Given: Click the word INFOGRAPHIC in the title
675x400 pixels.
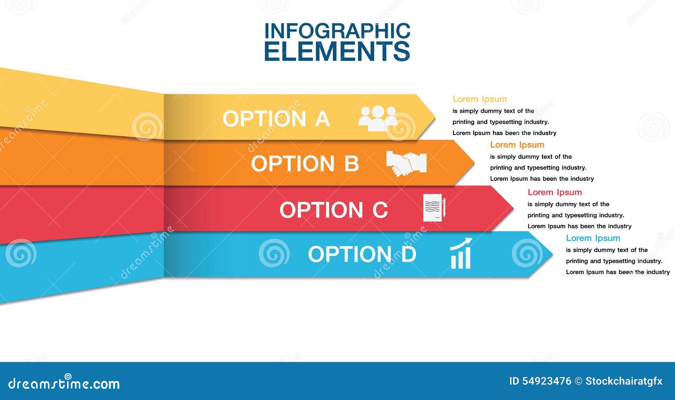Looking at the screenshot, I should [x=337, y=31].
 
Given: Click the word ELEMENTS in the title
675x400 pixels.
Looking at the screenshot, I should [x=337, y=51].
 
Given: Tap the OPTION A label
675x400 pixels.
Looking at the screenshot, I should [x=276, y=119].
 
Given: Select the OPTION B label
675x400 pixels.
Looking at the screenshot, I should [x=305, y=164].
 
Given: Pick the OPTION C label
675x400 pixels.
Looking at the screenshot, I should [x=333, y=210].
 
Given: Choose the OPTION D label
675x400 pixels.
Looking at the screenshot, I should [x=362, y=254].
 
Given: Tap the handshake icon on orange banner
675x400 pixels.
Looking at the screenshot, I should [x=406, y=163].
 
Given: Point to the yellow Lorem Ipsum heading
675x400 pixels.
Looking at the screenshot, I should [x=480, y=99].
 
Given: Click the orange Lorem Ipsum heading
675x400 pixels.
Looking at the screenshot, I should [x=517, y=145].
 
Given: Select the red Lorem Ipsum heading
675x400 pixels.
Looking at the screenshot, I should [x=555, y=193].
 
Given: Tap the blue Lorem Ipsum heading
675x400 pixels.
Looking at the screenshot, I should [x=593, y=238].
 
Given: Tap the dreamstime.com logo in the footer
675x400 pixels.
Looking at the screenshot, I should [x=64, y=383].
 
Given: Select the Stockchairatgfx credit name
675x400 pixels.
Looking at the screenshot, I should [x=624, y=381].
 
